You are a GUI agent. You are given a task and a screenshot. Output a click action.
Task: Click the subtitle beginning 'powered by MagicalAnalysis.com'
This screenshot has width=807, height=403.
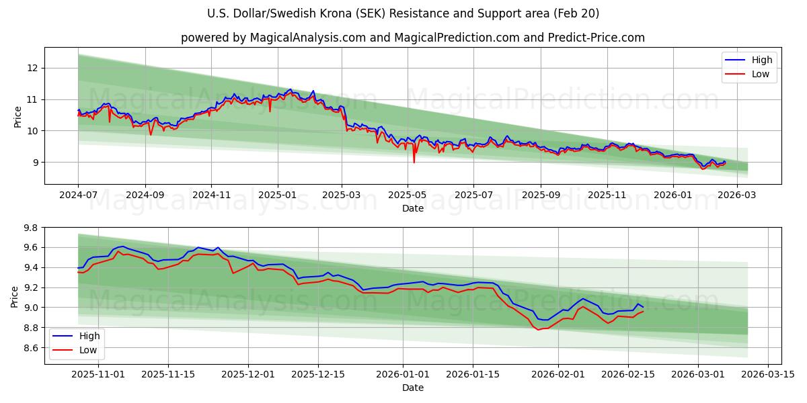pos(413,38)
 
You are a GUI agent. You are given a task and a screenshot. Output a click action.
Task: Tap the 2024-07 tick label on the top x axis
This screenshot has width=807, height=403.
pos(79,195)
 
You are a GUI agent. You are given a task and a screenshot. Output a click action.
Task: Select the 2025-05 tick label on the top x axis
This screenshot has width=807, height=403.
pos(408,195)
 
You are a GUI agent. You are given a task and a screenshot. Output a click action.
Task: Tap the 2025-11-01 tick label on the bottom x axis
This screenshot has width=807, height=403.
pos(98,374)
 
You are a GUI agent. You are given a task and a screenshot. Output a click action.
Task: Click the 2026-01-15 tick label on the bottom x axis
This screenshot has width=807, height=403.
pos(473,374)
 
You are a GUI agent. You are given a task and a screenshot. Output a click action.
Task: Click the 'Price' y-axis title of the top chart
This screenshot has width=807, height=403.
pos(17,116)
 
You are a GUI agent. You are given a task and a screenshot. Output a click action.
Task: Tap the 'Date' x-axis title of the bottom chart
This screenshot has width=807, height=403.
pos(413,388)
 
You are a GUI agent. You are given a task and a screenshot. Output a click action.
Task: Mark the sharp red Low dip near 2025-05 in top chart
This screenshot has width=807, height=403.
pos(414,162)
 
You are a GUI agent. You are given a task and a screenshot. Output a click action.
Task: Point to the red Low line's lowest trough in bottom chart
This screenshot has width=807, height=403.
pos(538,329)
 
